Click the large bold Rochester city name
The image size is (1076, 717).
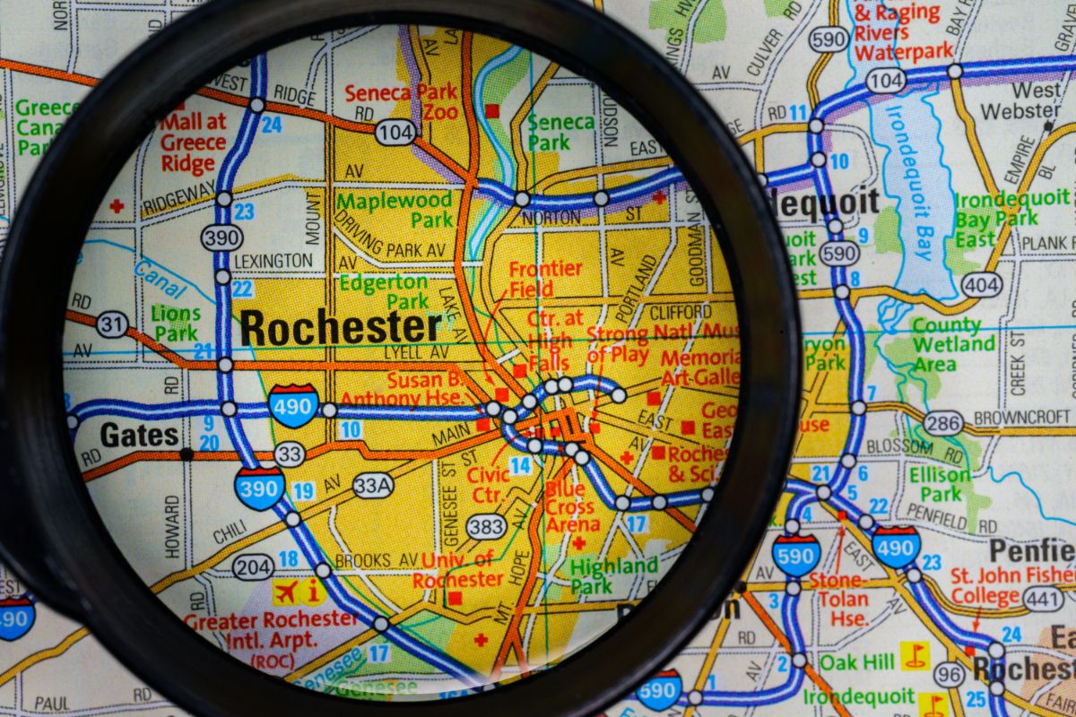(x=340, y=328)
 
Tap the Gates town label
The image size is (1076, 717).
(x=139, y=436)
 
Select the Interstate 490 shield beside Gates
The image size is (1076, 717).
(x=293, y=406)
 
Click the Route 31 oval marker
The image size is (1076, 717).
(x=112, y=324)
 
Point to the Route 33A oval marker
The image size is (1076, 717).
(x=373, y=485)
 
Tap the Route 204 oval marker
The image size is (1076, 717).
(x=253, y=566)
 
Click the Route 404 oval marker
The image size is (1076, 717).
(x=982, y=284)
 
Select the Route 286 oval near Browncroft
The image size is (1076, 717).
(x=944, y=423)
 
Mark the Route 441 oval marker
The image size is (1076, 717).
(x=1044, y=599)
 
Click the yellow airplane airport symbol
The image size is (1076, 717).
(x=287, y=592)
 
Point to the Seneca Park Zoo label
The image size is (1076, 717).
(x=401, y=102)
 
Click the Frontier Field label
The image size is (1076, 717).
(x=545, y=279)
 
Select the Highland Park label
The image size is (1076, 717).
(x=614, y=575)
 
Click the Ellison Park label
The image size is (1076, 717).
(x=940, y=483)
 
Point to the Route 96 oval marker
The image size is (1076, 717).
(x=949, y=674)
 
